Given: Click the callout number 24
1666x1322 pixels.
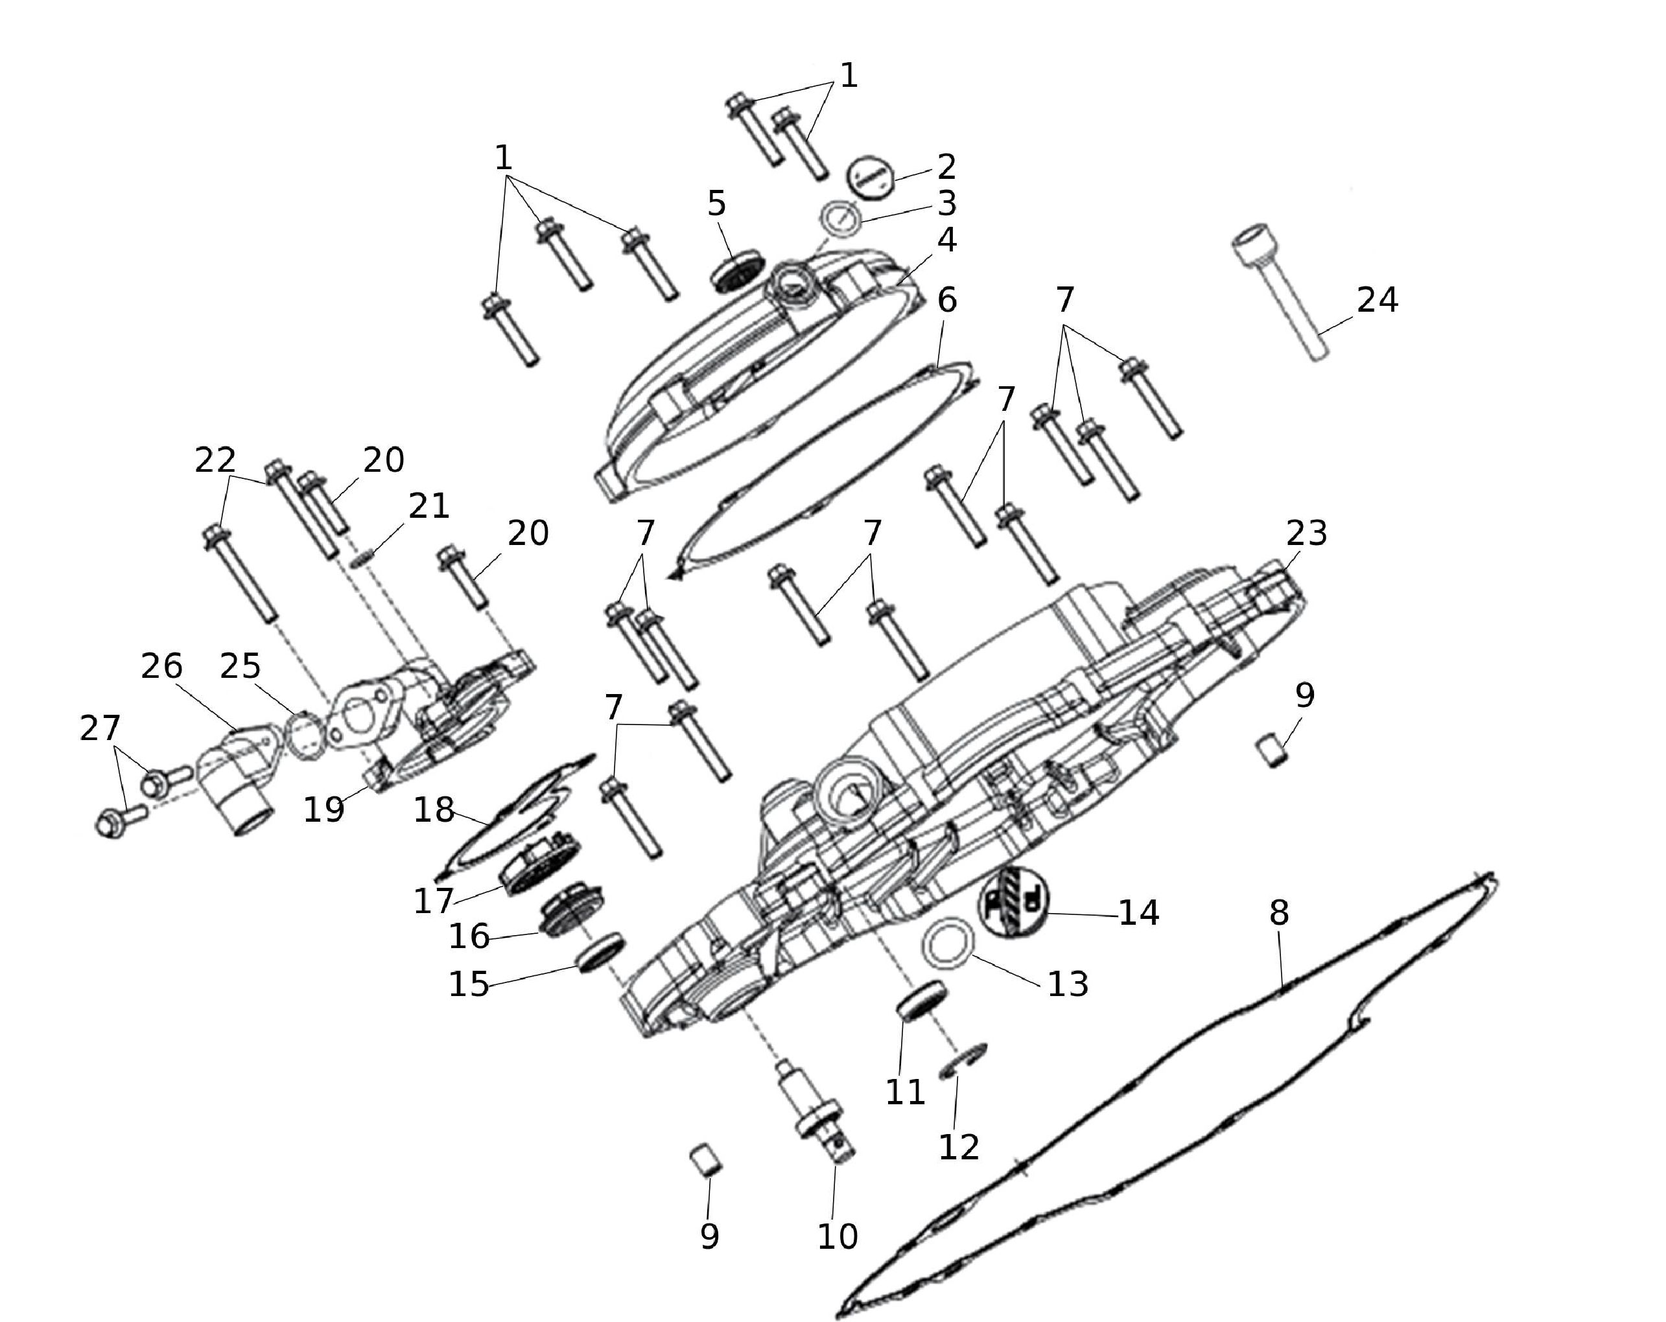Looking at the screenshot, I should (1377, 300).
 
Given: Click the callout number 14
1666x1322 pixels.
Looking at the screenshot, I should (1139, 912).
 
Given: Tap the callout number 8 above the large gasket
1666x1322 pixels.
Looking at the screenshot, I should (1279, 912).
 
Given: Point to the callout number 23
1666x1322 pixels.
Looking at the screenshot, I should (1307, 532).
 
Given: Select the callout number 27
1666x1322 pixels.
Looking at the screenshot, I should (100, 728).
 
